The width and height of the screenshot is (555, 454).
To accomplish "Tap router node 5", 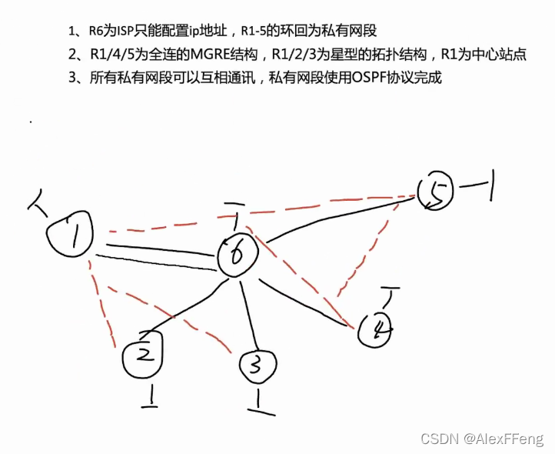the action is [x=437, y=192].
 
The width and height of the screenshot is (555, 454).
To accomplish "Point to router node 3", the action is [x=258, y=368].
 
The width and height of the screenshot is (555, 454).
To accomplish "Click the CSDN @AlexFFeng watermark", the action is [x=482, y=438].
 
